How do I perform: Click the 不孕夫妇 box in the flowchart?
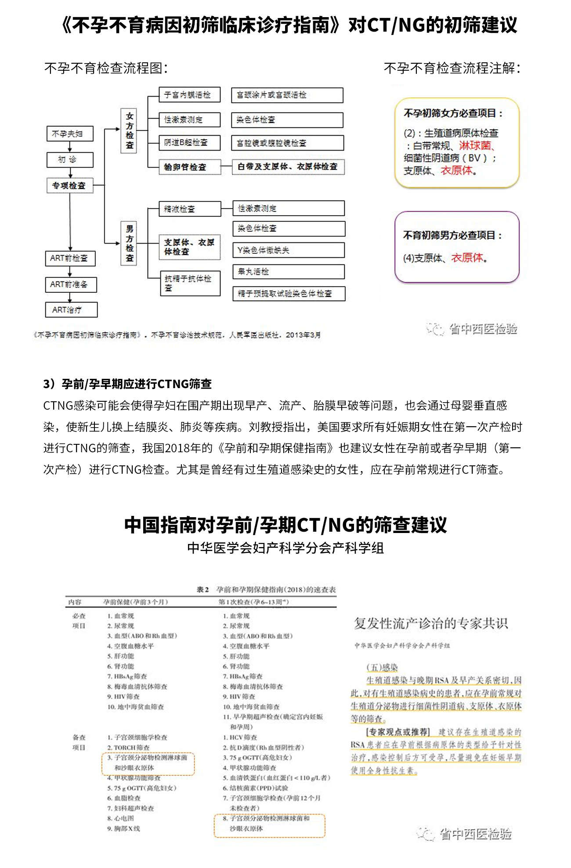(70, 134)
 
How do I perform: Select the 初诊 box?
(70, 160)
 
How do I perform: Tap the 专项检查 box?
(70, 186)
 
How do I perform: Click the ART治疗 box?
(71, 310)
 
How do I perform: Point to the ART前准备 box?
(71, 285)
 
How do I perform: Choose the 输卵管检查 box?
(190, 167)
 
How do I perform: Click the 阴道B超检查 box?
(190, 143)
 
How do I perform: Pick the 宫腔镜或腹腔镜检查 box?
(287, 143)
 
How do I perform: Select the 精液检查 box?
(190, 209)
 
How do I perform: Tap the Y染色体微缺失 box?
(289, 250)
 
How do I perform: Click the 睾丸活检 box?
(289, 272)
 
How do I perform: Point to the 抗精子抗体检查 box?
(190, 283)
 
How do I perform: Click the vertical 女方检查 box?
(129, 131)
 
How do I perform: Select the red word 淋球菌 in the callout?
(475, 145)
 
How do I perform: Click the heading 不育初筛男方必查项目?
(452, 235)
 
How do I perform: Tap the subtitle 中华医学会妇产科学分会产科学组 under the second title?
(285, 548)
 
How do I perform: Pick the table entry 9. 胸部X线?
(124, 828)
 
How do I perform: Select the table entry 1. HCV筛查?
(240, 737)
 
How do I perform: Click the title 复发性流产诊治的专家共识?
(431, 623)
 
